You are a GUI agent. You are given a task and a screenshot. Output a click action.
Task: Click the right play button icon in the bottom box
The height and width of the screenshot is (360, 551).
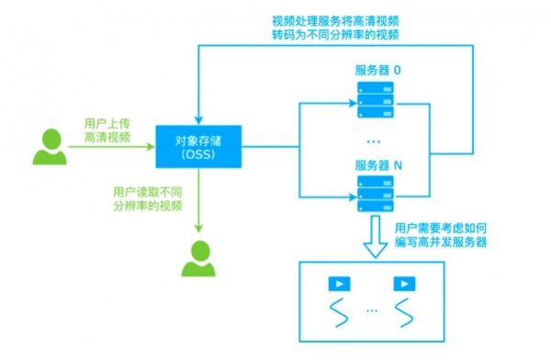402,285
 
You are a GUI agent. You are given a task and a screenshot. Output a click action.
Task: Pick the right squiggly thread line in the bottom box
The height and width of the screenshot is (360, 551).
402,313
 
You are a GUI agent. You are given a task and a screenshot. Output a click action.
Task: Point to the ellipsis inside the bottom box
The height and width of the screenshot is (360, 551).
369,311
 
